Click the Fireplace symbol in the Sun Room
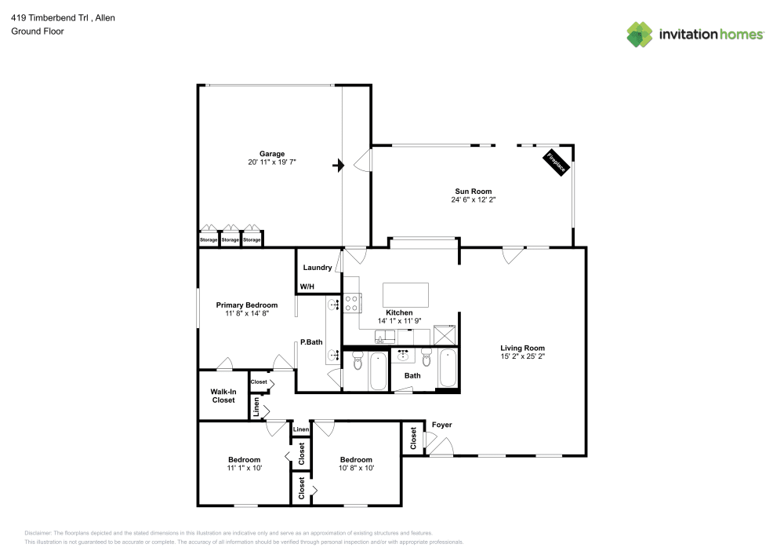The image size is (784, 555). (557, 163)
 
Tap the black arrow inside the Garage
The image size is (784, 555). (339, 165)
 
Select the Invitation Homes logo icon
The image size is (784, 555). (640, 35)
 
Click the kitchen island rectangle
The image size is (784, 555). (405, 295)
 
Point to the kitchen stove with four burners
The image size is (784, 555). (351, 303)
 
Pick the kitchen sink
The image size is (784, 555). (384, 338)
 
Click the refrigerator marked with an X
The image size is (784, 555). (447, 335)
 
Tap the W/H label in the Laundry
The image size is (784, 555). (307, 287)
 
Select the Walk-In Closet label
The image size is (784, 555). (223, 396)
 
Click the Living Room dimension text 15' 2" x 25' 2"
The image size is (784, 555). (523, 356)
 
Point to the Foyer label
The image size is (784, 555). (441, 425)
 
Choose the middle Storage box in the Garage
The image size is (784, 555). (230, 239)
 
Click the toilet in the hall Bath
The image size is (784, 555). (427, 359)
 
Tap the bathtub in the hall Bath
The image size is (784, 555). (448, 368)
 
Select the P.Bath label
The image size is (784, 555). (311, 342)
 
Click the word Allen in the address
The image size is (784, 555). (104, 17)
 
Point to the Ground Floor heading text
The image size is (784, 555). (37, 31)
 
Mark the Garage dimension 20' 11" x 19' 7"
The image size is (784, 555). (272, 162)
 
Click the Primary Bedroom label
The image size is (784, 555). (247, 305)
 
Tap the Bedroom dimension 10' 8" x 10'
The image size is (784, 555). (356, 468)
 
